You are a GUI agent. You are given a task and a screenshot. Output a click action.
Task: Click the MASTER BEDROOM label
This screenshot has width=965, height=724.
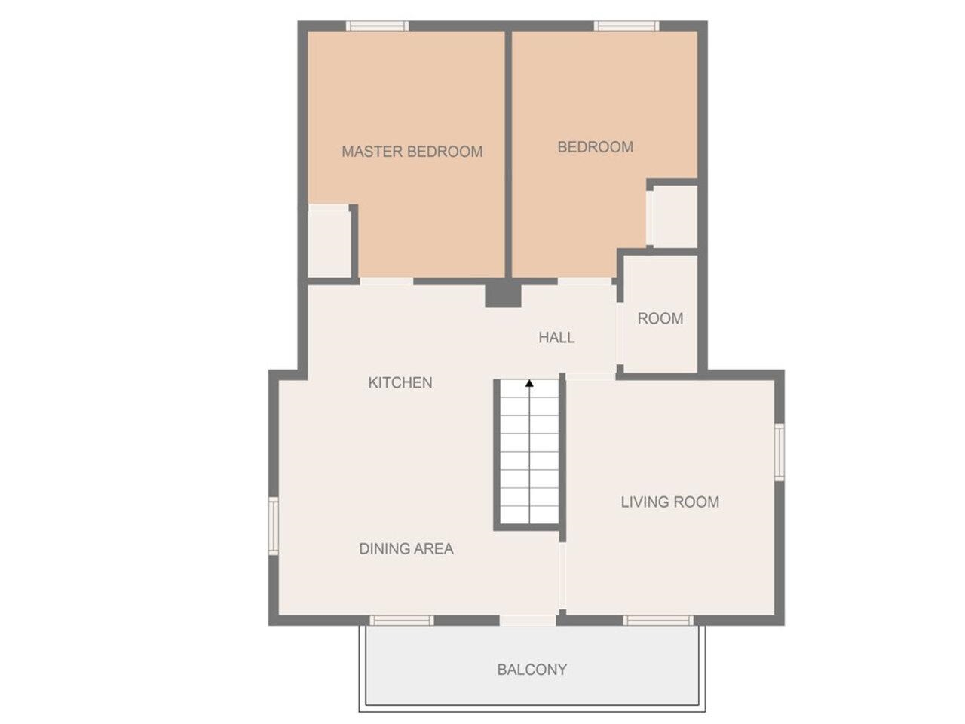(x=412, y=152)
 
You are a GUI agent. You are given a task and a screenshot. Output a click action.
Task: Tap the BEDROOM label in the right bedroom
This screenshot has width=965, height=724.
(x=596, y=147)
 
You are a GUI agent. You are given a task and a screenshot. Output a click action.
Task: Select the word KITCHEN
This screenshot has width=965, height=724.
(x=400, y=382)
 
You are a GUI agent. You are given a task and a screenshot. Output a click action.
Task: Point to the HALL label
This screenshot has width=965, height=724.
(x=556, y=338)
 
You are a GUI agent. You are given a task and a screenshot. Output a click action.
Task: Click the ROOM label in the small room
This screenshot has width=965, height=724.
(x=660, y=318)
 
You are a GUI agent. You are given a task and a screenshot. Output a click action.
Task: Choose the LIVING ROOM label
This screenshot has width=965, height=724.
(x=670, y=502)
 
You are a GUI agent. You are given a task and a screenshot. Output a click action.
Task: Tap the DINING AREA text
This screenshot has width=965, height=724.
(x=406, y=548)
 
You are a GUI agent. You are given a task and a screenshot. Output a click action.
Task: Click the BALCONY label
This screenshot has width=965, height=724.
(x=532, y=670)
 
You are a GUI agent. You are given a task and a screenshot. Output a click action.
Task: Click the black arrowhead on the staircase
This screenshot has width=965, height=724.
(x=529, y=383)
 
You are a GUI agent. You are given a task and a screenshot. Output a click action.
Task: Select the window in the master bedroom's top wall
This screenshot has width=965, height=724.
(x=377, y=26)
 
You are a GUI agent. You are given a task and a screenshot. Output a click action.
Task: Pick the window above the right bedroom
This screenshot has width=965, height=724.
(x=626, y=26)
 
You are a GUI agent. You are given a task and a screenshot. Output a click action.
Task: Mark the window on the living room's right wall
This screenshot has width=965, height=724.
(x=779, y=452)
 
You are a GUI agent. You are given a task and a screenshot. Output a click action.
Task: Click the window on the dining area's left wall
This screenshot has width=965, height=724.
(x=274, y=526)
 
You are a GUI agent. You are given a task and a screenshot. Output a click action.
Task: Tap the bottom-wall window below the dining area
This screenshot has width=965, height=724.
(x=401, y=620)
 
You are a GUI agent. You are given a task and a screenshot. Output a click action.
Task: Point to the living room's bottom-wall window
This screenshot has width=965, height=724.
(x=658, y=620)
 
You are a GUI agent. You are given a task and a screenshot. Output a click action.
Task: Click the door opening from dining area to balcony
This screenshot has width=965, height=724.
(x=528, y=620)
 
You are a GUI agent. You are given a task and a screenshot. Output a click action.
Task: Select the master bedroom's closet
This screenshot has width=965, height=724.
(x=329, y=241)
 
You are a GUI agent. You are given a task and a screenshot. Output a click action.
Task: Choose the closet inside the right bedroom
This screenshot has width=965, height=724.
(x=672, y=216)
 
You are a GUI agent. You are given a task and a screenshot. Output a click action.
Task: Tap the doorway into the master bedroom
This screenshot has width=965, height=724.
(x=387, y=281)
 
